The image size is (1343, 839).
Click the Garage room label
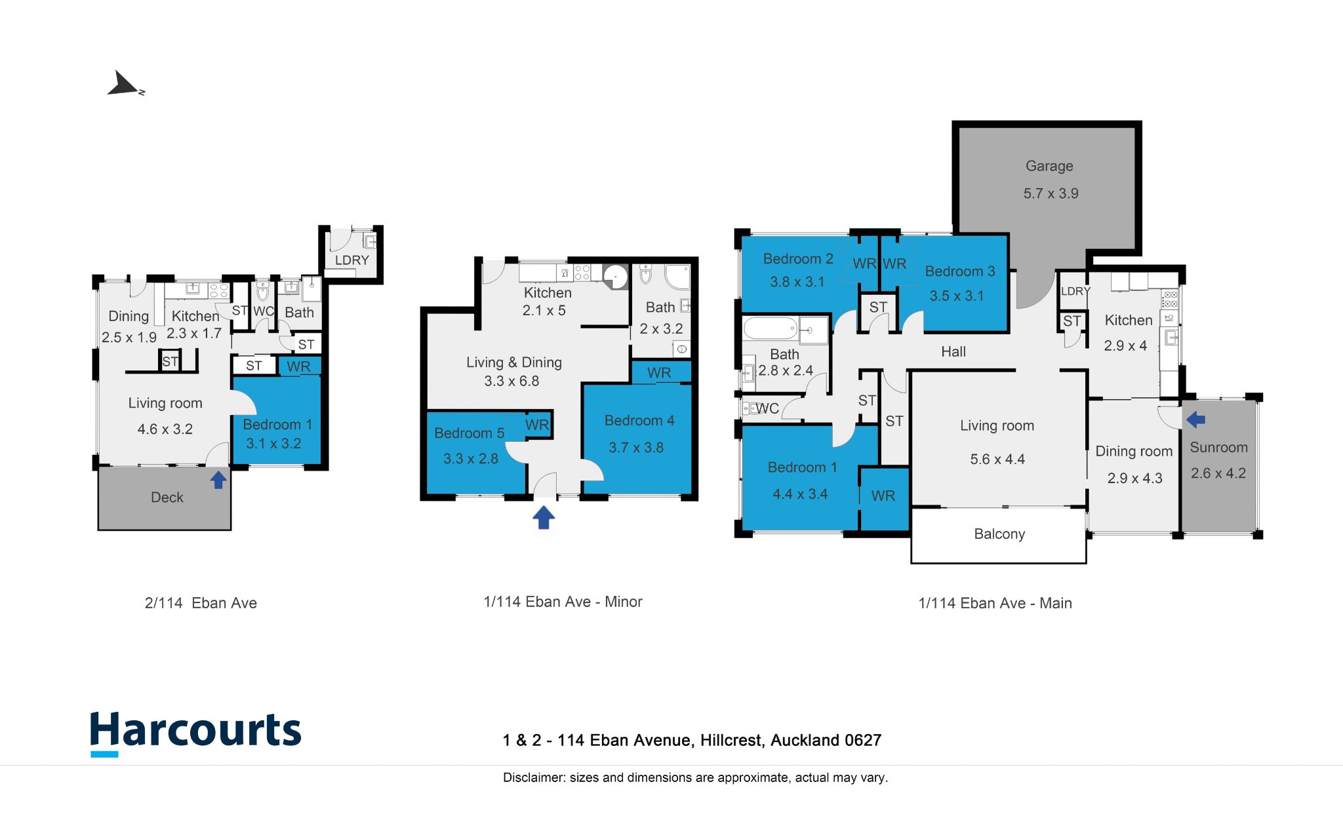coord(1049,166)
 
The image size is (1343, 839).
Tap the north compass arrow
coord(125,85)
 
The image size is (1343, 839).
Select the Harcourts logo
coord(195,733)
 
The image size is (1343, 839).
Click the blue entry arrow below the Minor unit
coord(544,517)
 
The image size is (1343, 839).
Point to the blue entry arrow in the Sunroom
coord(1196,419)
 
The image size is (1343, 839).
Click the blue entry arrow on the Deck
coord(218,480)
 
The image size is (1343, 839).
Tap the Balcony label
coord(999,534)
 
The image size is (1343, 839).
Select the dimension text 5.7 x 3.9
coord(1051,193)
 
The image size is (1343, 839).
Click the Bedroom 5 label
coord(469,433)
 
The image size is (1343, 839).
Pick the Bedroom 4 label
coord(639,421)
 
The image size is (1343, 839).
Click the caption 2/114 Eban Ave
coord(201,603)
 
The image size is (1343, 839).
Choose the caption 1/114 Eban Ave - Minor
coord(563,602)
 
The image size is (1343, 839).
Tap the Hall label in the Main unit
coord(953,352)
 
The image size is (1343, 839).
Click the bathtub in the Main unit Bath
coord(770,328)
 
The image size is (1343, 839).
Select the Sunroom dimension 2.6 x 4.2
coord(1218,473)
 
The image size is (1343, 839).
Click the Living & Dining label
coord(514,362)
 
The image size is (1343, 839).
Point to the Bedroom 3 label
coord(960,271)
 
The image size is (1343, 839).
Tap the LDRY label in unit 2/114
coord(352,260)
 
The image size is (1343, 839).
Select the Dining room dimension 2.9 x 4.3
coord(1134,478)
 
